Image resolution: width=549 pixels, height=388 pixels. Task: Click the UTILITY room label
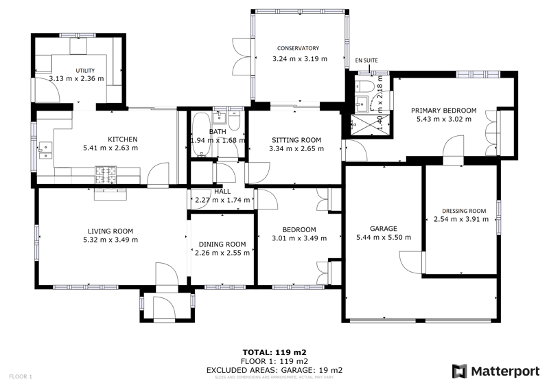tap(85, 70)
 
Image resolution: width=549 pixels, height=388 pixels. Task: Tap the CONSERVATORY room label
tap(298, 48)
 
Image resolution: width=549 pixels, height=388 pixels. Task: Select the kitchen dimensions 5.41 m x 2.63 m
tap(110, 148)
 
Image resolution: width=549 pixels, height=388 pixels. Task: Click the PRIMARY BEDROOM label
tap(443, 110)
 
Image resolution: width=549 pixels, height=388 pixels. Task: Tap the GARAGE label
tap(384, 229)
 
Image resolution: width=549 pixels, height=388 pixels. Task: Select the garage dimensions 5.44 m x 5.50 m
tap(384, 238)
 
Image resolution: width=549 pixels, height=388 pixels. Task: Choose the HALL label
tap(222, 192)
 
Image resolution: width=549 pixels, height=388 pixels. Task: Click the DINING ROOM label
tap(222, 244)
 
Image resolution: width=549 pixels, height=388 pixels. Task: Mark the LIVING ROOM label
tap(110, 231)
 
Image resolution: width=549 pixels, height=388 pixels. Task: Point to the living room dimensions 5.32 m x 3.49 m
tap(110, 240)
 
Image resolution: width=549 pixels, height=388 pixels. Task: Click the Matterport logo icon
tap(458, 372)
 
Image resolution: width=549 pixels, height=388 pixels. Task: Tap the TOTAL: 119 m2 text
tap(274, 352)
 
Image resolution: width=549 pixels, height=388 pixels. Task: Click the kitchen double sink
tap(47, 150)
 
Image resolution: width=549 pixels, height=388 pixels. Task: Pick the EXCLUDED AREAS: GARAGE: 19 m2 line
tap(274, 370)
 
